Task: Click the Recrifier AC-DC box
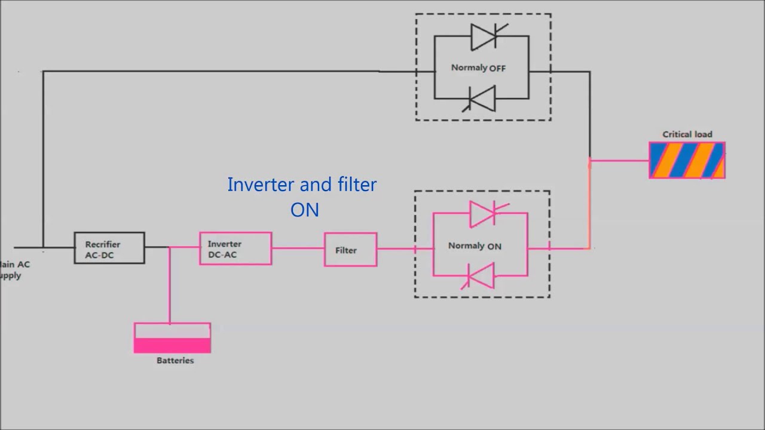pyautogui.click(x=109, y=248)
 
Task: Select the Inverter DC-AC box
pyautogui.click(x=235, y=248)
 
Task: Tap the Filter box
pyautogui.click(x=350, y=250)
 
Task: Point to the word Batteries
pyautogui.click(x=175, y=361)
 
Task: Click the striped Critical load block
pyautogui.click(x=687, y=160)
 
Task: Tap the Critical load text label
pyautogui.click(x=687, y=134)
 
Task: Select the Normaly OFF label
pyautogui.click(x=478, y=68)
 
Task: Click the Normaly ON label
pyautogui.click(x=475, y=246)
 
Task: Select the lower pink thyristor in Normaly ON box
pyautogui.click(x=482, y=276)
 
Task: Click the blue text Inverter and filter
pyautogui.click(x=302, y=185)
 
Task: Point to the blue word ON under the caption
pyautogui.click(x=304, y=210)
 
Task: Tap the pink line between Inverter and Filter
pyautogui.click(x=298, y=248)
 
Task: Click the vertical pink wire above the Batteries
pyautogui.click(x=170, y=287)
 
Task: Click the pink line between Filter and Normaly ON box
pyautogui.click(x=395, y=248)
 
